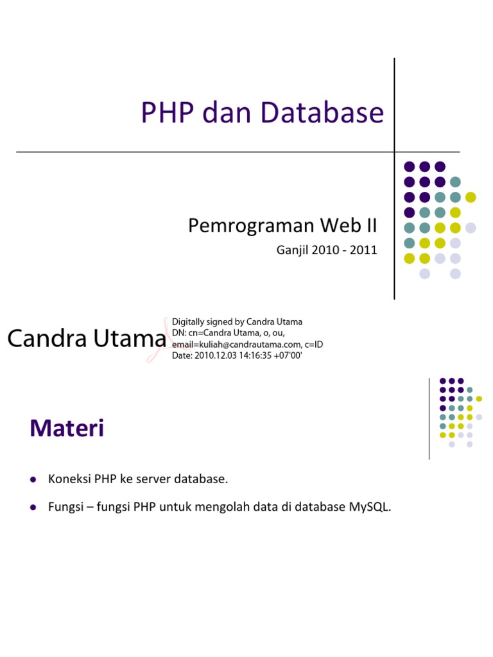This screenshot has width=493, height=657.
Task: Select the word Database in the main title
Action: coord(323,112)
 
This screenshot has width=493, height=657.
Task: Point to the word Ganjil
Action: coord(292,250)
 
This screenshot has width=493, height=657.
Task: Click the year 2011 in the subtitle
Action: coord(363,250)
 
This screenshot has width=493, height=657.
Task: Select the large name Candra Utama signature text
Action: coord(86,339)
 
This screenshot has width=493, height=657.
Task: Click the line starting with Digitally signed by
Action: coord(237,321)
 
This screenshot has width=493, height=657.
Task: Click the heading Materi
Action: coord(67,429)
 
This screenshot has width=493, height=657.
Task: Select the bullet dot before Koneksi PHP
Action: coord(33,479)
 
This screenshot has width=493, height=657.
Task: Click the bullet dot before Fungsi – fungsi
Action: coord(33,508)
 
